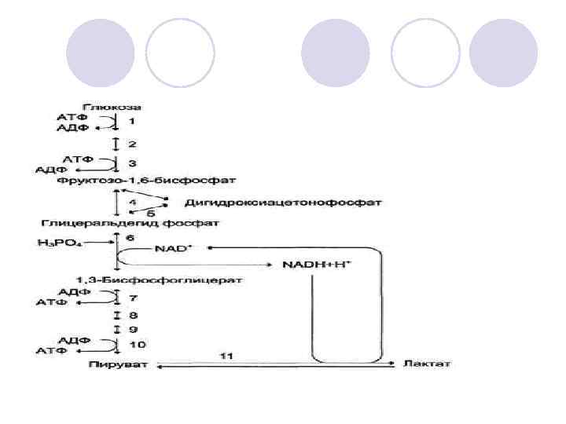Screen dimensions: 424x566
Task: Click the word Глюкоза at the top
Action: coord(116,106)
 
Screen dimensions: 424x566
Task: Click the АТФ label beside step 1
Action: coord(72,117)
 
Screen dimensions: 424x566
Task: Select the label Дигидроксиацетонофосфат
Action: coord(283,203)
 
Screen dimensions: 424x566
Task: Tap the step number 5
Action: coord(151,212)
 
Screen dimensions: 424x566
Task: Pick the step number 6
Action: coord(131,236)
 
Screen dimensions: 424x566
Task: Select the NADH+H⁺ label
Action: coord(317,265)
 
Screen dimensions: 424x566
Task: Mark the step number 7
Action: coord(133,298)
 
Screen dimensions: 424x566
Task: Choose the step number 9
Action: coord(133,329)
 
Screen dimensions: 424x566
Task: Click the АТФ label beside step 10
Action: coord(51,351)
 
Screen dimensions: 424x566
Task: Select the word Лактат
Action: coord(427,364)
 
